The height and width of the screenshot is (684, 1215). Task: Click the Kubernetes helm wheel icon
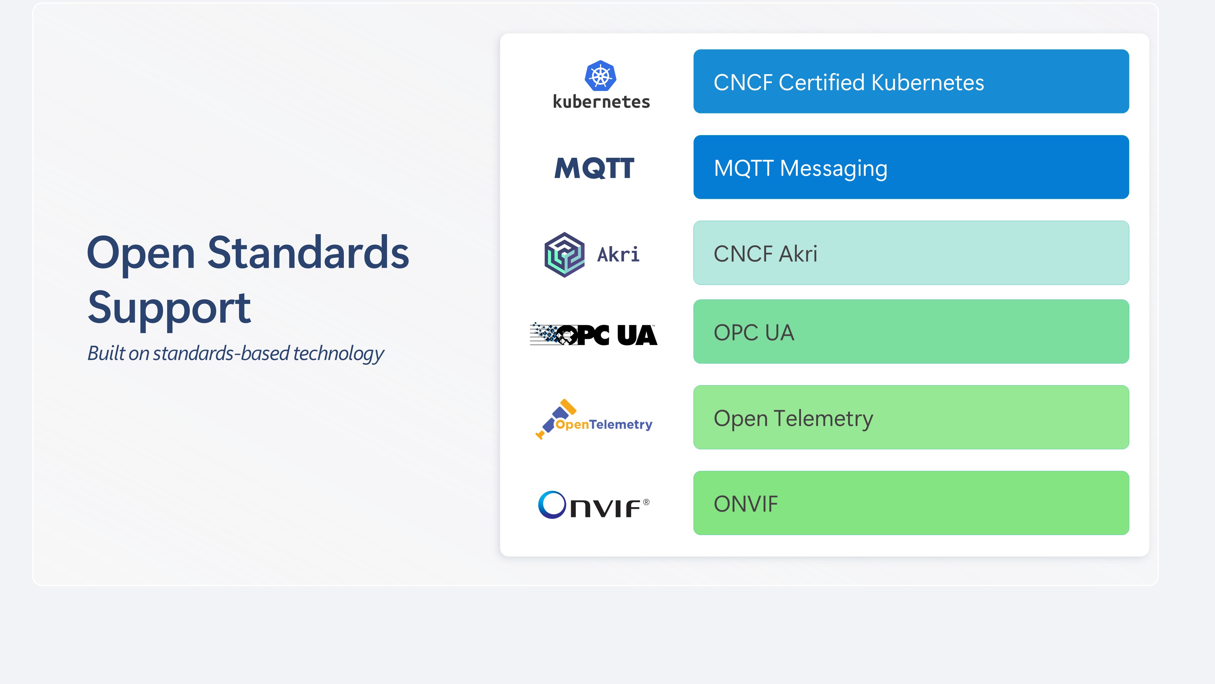601,75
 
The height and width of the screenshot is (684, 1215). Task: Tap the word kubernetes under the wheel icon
601,102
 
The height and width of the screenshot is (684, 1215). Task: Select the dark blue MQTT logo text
594,168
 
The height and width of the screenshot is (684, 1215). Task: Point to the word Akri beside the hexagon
618,254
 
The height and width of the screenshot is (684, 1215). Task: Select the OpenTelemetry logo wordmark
604,424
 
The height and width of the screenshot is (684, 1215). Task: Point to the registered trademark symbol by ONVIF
646,502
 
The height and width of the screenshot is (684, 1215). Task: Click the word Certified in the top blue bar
822,83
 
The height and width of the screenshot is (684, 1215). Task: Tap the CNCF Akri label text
765,254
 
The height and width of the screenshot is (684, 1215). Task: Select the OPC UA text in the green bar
754,333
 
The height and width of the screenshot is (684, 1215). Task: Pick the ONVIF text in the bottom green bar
746,504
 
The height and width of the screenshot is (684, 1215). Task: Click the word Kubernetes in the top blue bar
928,83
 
